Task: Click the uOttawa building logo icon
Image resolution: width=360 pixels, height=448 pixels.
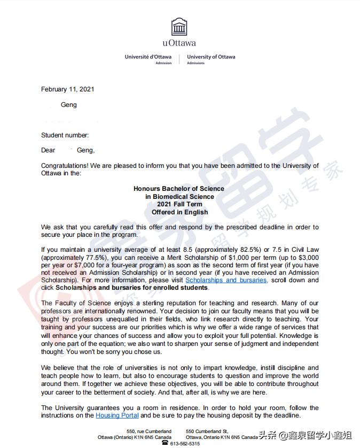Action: coord(179,27)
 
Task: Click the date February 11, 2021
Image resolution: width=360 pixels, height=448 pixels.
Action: coord(67,89)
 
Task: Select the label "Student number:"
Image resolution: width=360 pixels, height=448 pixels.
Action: coord(65,135)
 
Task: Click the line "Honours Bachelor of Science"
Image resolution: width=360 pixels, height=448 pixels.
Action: coord(179,189)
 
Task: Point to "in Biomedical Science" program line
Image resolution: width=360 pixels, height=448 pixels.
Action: coord(179,197)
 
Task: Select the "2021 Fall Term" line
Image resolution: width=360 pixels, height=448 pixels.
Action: coord(179,204)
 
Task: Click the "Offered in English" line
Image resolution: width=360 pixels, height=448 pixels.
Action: coord(179,212)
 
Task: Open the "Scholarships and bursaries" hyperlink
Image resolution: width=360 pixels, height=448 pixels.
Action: coord(226,280)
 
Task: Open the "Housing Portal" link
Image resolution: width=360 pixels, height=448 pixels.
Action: coord(117,415)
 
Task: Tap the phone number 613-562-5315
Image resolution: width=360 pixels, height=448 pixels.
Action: coord(185,444)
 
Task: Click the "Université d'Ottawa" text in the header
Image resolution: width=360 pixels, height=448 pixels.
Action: coord(148,57)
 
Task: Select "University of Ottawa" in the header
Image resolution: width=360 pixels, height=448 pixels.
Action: coord(211,57)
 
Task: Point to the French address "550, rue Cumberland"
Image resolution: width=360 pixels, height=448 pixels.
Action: coord(149,431)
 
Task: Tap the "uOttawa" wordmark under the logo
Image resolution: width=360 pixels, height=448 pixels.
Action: coord(179,43)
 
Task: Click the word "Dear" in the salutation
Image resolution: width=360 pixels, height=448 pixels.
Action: coord(48,151)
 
